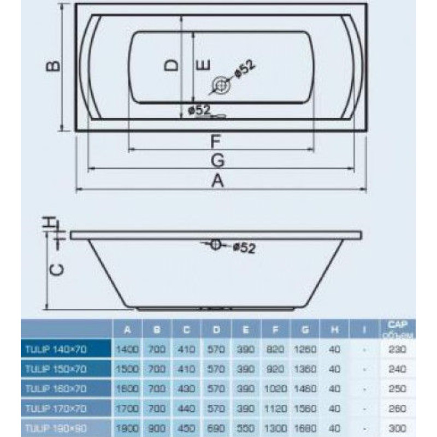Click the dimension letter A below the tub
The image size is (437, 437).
[x=217, y=180]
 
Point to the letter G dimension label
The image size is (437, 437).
[x=217, y=160]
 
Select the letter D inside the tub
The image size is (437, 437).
[x=172, y=65]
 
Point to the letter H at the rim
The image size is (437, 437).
[x=51, y=223]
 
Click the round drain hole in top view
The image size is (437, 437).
[x=221, y=85]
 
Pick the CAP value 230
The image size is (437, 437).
[x=399, y=347]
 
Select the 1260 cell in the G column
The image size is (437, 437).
[x=305, y=347]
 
